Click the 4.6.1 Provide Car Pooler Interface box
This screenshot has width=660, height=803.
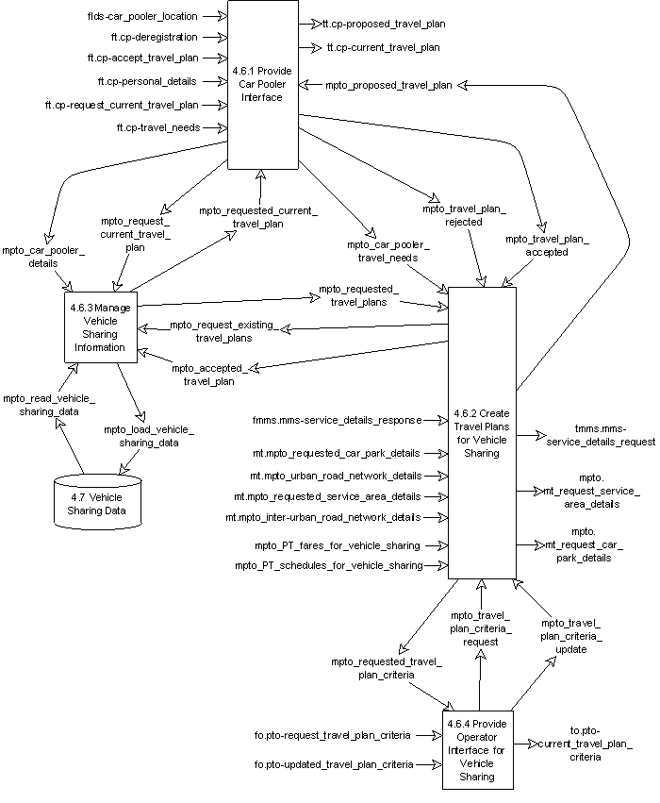coord(261,85)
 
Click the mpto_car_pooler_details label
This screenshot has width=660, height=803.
coord(43,257)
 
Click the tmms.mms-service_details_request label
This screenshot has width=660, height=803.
coord(602,435)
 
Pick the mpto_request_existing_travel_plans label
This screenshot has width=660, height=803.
coord(223,331)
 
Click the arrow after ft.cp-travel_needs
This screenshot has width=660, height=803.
coord(215,126)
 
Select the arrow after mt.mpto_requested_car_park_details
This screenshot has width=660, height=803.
coord(435,454)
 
